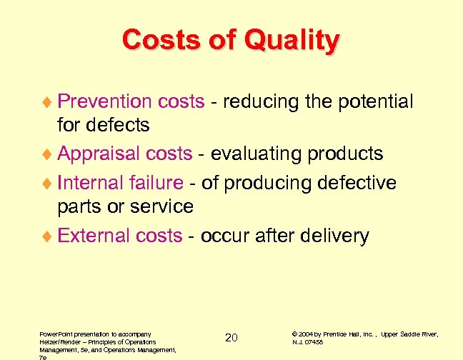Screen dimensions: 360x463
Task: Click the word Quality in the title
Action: point(292,40)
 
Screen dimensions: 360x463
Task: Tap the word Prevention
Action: point(105,101)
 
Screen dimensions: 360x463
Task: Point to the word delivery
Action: point(333,236)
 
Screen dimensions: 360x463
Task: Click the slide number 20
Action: point(231,337)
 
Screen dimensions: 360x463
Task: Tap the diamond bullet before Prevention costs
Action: point(48,102)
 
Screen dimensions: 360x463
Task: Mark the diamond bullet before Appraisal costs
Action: point(48,154)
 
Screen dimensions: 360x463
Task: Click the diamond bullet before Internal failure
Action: point(48,184)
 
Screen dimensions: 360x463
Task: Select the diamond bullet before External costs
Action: point(48,236)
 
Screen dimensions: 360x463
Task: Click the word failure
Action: point(158,183)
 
